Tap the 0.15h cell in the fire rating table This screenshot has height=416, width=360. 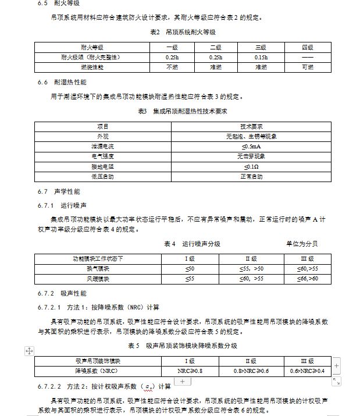coord(261,57)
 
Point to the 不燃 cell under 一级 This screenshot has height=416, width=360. coord(172,67)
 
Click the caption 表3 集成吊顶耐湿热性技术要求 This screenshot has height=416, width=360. coord(182,111)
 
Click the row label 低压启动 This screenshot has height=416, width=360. coord(102,176)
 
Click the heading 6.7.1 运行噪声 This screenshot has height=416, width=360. coord(62,205)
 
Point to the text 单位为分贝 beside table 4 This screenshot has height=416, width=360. coord(301,244)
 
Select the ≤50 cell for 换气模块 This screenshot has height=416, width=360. coord(190,268)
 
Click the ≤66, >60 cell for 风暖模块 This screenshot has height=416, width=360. coord(308,278)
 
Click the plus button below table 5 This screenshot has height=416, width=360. coord(183,381)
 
